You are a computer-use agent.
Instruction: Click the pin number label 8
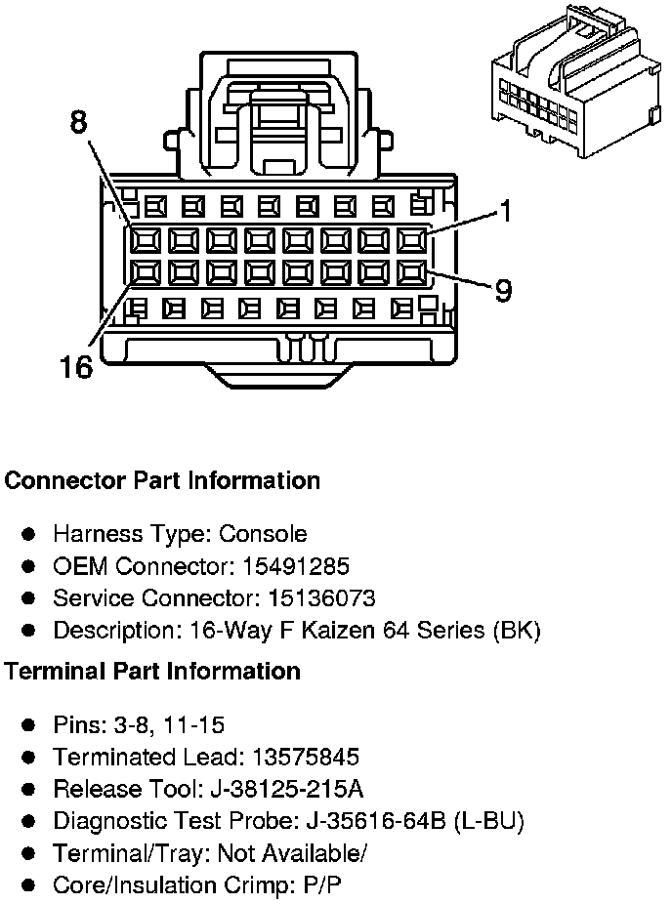(78, 122)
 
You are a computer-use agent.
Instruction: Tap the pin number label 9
(503, 291)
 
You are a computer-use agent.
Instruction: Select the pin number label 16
(74, 367)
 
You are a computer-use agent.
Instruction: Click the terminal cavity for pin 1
(415, 239)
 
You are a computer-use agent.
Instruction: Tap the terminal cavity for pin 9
(415, 271)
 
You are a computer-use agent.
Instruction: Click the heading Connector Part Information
(162, 480)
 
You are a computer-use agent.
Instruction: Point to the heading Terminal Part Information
(152, 671)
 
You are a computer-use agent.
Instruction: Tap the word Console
(262, 534)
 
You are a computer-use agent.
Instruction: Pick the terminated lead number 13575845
(305, 757)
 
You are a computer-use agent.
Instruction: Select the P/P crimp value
(324, 884)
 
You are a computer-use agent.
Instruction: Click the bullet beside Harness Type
(29, 534)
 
